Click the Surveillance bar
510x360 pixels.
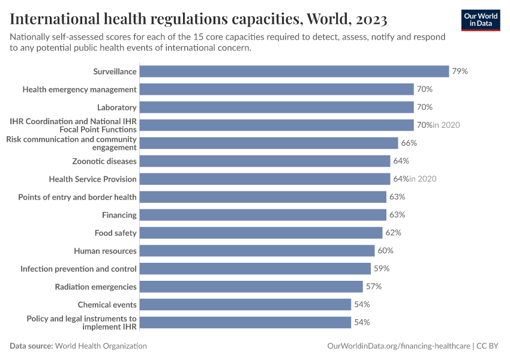294,71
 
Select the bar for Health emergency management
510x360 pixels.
277,89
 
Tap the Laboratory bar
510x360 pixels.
277,107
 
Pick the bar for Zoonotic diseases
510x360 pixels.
265,161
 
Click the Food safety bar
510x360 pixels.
261,233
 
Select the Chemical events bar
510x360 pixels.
245,304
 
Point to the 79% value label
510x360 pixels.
460,71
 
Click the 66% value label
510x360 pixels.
409,143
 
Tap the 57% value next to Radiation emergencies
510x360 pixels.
374,286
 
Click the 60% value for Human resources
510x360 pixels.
385,250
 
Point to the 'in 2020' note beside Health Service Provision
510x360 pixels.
422,179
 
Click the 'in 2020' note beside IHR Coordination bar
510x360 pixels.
446,125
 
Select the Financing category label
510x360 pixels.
119,215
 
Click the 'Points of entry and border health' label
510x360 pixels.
77,197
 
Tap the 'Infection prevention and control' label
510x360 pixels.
79,269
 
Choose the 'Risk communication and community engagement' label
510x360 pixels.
71,143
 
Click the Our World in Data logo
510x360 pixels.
481,20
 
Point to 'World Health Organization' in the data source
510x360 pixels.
101,346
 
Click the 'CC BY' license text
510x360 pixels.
489,346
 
